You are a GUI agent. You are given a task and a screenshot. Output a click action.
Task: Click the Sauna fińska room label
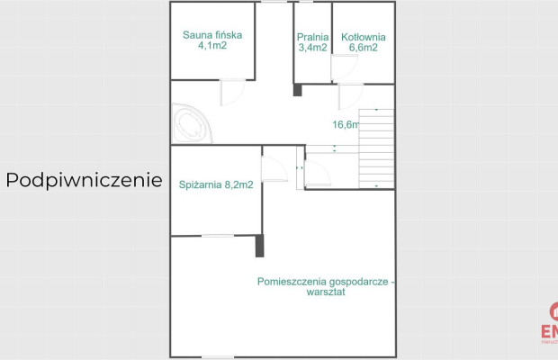(x=212, y=36)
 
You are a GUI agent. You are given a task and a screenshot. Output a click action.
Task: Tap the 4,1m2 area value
(x=212, y=46)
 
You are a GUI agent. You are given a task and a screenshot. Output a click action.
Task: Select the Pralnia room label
(x=311, y=37)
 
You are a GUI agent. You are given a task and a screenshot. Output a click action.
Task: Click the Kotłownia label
(x=363, y=37)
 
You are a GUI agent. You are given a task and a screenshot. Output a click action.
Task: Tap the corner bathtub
(x=192, y=124)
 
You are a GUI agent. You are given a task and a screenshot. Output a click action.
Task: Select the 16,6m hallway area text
(x=346, y=125)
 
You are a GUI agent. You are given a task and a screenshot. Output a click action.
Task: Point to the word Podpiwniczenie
(x=84, y=180)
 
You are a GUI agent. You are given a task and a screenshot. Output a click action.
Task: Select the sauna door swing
(x=232, y=91)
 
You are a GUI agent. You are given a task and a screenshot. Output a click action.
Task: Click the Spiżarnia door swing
(x=274, y=168)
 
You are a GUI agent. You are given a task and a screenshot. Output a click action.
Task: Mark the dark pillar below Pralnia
(x=297, y=89)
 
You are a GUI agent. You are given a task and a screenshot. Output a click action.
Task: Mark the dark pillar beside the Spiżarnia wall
(x=259, y=246)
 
